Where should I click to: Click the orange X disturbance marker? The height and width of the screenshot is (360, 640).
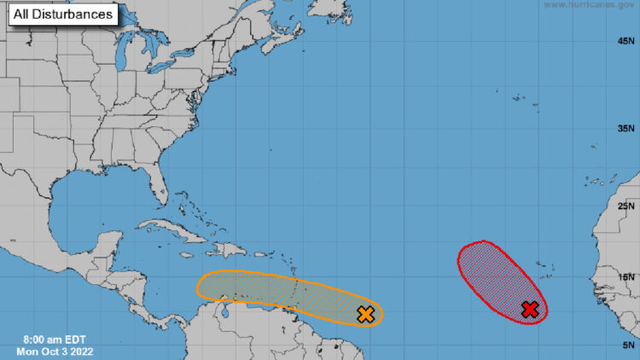point(366,314)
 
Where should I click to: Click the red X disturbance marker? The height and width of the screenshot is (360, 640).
point(530,309)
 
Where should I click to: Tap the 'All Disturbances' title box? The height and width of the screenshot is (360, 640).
point(63,15)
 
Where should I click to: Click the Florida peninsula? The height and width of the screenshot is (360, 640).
point(157,183)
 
